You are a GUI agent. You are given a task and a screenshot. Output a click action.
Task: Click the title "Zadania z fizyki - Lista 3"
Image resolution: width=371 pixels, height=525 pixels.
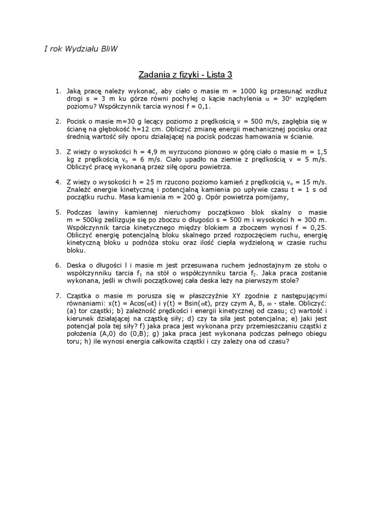click(185, 75)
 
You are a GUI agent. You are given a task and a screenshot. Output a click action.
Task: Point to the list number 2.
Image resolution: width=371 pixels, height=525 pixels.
click(57, 121)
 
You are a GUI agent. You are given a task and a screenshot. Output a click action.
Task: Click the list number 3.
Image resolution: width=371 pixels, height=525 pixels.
click(57, 151)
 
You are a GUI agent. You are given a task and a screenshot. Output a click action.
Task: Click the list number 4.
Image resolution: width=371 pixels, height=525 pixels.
click(57, 182)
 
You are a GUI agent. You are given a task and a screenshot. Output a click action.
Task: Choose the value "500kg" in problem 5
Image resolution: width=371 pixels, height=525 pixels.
click(86, 220)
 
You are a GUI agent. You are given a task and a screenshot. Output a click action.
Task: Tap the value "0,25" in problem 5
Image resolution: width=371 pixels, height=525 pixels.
click(317, 228)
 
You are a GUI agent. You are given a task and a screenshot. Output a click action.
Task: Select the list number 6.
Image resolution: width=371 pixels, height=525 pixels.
click(57, 265)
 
